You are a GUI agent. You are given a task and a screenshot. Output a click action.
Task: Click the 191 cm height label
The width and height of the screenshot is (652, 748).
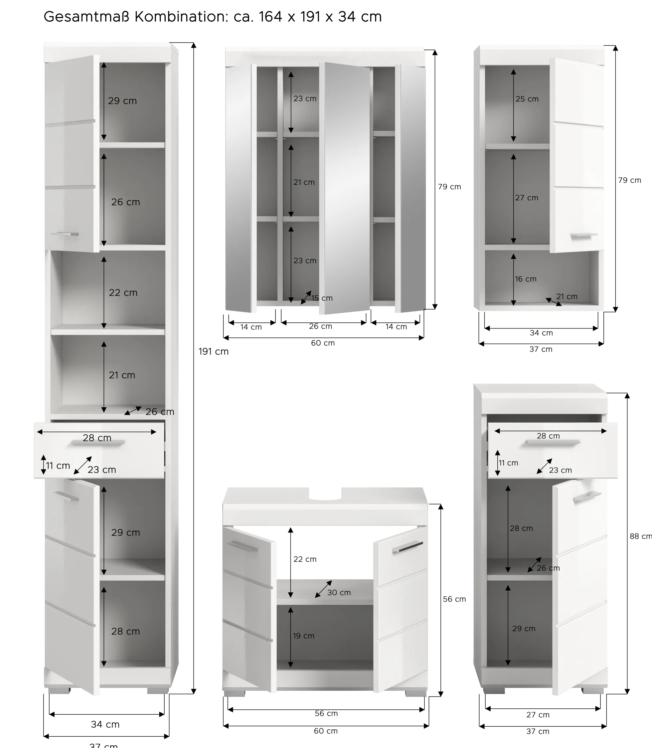[x=214, y=352]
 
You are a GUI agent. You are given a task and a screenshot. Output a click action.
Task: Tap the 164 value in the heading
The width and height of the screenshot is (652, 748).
[x=270, y=17]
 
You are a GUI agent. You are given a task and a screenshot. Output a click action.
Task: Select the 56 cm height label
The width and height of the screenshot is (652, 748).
[x=454, y=599]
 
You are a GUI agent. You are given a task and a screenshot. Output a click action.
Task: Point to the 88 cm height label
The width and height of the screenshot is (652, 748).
[x=640, y=536]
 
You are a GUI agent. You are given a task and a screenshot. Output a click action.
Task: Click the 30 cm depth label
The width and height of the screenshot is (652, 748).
[x=339, y=593]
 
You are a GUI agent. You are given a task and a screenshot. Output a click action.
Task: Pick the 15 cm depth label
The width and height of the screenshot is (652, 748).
[x=322, y=298]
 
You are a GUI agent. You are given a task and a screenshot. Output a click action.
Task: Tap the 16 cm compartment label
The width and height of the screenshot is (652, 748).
[x=525, y=279]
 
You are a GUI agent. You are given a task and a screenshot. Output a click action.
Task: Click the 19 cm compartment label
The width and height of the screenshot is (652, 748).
[x=304, y=636]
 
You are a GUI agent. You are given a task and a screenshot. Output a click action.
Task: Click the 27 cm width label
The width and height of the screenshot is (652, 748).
[x=538, y=715]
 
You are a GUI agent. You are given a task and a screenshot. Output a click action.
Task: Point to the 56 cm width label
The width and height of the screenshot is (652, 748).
[x=326, y=713]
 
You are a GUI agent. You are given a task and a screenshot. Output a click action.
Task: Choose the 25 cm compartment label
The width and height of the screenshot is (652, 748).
[x=527, y=99]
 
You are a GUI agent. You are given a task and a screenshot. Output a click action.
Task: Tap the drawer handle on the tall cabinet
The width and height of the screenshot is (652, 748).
[x=98, y=442]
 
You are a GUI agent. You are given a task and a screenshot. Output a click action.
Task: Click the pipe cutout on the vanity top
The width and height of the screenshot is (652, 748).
[x=325, y=494]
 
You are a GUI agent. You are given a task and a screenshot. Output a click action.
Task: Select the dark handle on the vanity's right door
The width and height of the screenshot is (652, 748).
[x=407, y=547]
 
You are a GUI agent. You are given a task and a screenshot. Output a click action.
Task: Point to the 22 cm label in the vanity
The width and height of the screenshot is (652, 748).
[x=305, y=559]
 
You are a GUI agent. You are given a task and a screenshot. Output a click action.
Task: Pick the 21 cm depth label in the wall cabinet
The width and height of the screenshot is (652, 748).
[x=567, y=297]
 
